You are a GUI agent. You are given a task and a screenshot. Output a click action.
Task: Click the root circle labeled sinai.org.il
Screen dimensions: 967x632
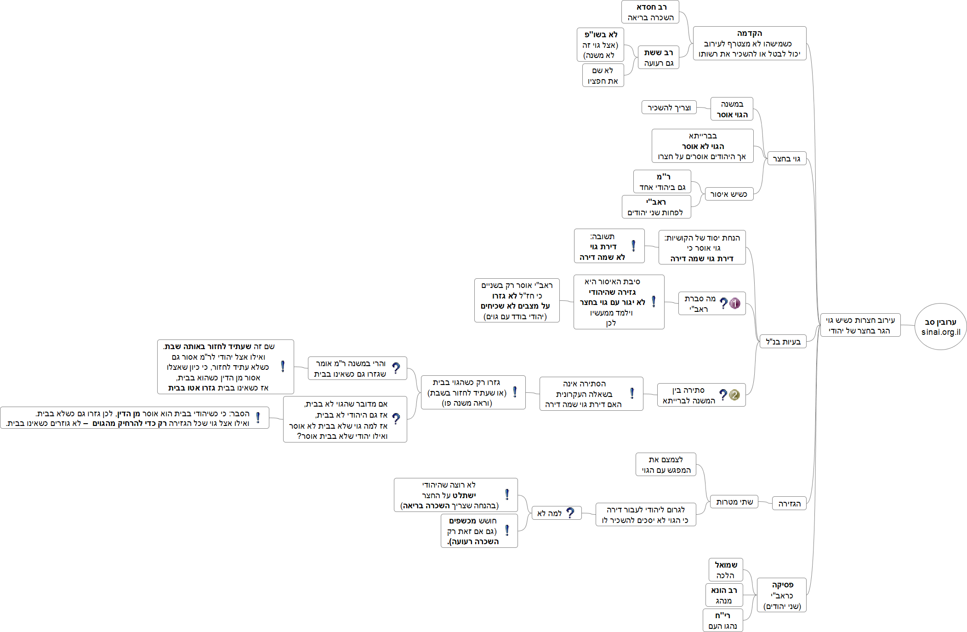pos(940,327)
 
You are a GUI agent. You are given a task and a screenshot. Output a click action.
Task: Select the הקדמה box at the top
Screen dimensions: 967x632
pos(749,43)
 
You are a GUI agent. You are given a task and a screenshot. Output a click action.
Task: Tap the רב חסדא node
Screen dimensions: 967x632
pos(650,12)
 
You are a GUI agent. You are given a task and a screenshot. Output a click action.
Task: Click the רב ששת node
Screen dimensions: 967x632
pos(658,57)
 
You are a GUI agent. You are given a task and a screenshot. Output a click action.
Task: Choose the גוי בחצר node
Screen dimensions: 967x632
pos(786,159)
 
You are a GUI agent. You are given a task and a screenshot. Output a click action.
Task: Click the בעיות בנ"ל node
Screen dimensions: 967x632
pos(783,341)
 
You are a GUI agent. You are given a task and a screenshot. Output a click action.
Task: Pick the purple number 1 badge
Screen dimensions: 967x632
pos(735,303)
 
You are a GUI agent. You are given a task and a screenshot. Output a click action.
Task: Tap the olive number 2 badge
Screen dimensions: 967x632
pos(734,395)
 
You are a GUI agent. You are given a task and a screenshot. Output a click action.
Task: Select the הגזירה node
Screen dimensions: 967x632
pos(789,504)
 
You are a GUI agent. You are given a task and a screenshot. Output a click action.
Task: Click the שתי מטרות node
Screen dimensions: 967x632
pos(734,502)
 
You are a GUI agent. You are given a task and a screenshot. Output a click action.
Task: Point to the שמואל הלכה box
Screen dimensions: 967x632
pos(726,570)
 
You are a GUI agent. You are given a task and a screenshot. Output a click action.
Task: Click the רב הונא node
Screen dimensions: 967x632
pos(724,595)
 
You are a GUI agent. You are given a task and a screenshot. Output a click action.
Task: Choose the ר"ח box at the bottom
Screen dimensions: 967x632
pos(722,621)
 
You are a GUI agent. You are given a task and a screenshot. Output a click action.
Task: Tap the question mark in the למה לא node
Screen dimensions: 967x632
pos(570,513)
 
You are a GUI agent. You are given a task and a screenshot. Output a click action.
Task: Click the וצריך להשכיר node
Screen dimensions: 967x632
pos(669,108)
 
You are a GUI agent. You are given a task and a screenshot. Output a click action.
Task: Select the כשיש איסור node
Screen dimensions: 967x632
pos(728,194)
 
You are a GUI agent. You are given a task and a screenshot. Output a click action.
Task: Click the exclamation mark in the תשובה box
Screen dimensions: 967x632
pos(633,246)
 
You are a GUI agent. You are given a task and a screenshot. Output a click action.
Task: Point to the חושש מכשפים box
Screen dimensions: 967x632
pos(479,531)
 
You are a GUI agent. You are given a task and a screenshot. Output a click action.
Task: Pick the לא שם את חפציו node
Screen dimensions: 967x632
pos(603,75)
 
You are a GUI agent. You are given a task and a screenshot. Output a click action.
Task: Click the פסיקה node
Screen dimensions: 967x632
pos(782,595)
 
